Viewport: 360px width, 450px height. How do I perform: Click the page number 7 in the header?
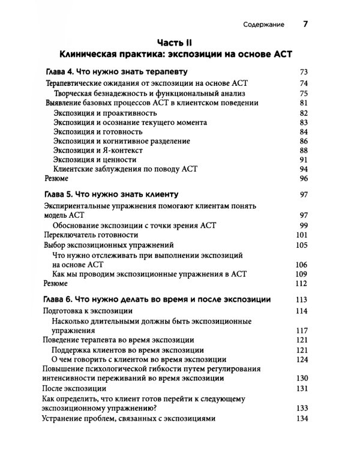[305, 25]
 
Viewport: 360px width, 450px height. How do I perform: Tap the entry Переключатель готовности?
[88, 235]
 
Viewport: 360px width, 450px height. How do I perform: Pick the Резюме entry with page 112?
[56, 284]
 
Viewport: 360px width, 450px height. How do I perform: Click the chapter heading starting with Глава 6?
[158, 299]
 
